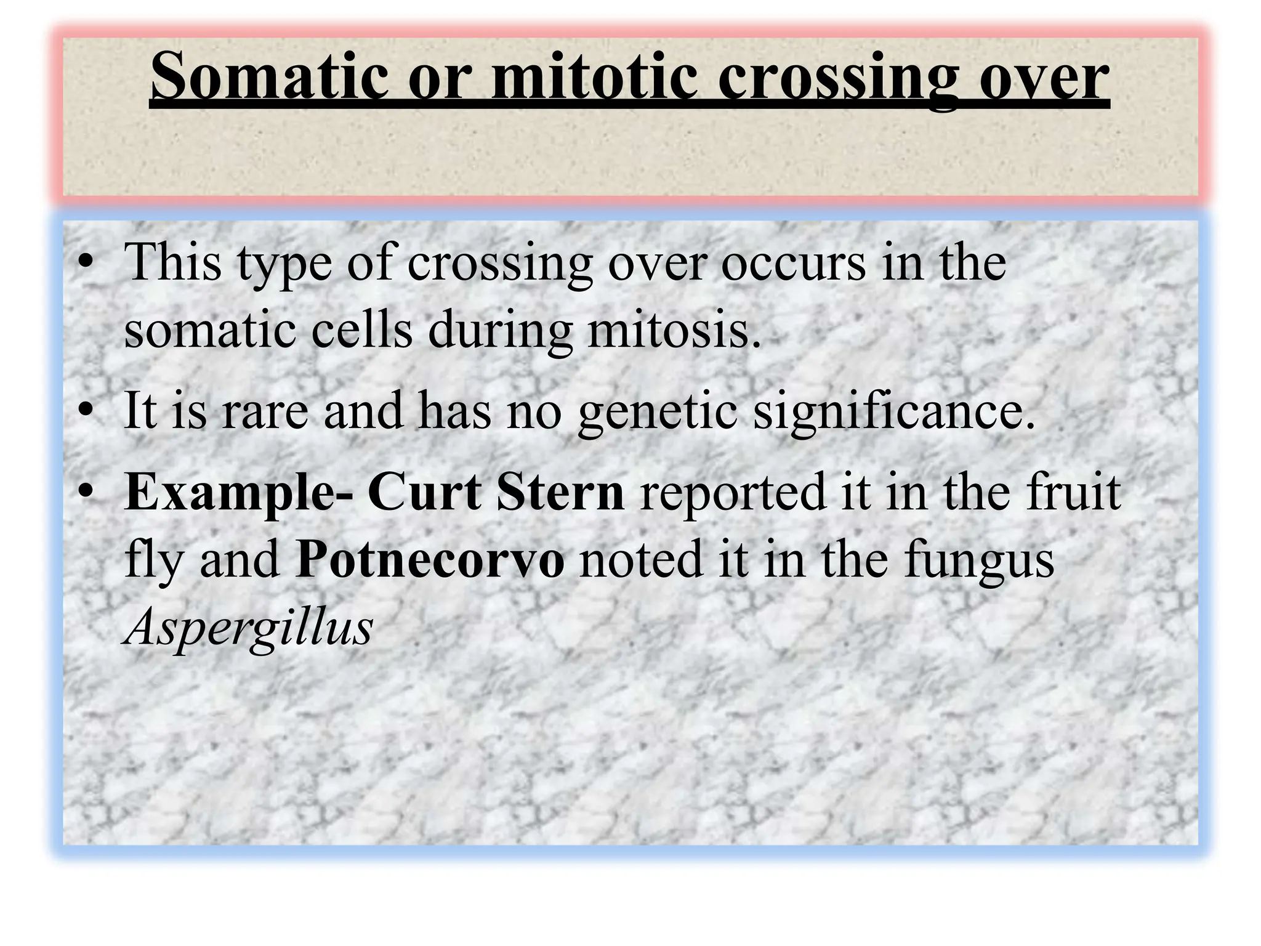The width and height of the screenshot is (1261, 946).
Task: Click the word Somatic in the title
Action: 270,76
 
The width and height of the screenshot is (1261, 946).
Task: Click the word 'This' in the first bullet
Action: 172,262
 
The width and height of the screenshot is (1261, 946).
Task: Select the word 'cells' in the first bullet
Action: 361,329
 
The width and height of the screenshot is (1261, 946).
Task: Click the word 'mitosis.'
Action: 674,329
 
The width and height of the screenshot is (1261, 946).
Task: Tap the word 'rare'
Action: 265,411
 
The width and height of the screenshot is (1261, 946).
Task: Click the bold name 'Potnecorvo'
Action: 429,559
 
